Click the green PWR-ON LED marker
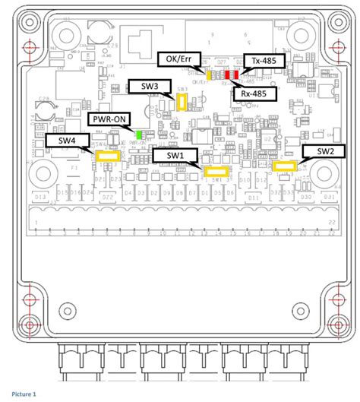tap(139, 137)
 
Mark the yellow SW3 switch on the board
tap(182, 103)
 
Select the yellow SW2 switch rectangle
tap(285, 165)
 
